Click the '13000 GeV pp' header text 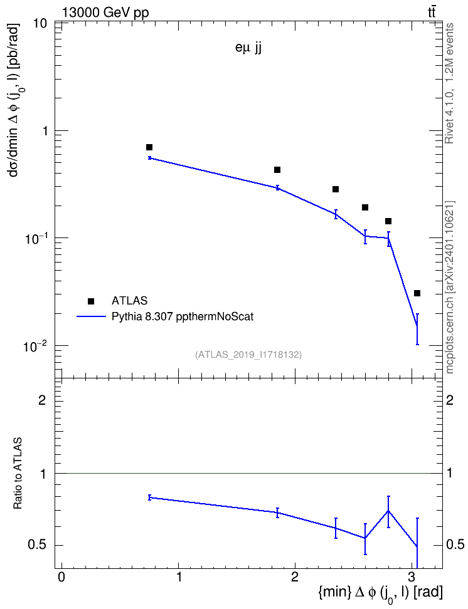tap(105, 13)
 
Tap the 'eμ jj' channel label tap(248, 48)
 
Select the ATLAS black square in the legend tap(90, 301)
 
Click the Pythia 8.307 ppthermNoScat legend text tap(183, 316)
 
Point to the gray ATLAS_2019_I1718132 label tap(248, 354)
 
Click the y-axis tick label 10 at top tap(38, 23)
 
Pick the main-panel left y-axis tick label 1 tap(44, 131)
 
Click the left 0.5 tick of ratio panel tap(37, 545)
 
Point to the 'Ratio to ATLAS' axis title tap(18, 473)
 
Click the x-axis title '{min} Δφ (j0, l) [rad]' tap(380, 593)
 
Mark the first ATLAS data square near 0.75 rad tap(149, 147)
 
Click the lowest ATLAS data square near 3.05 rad tap(417, 293)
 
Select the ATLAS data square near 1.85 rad tap(277, 170)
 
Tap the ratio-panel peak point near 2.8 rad tap(388, 511)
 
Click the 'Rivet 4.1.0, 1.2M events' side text tap(449, 83)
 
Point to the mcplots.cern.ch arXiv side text tap(450, 288)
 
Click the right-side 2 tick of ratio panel tap(450, 400)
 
